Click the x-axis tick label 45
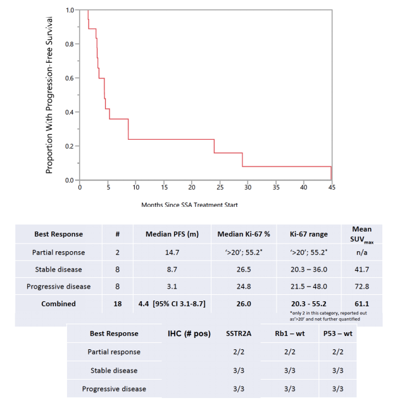tap(331, 187)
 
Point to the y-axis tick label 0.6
tap(70, 78)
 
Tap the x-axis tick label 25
tap(220, 187)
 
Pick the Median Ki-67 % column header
tap(244, 234)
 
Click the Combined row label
tap(62, 304)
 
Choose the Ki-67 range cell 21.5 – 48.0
tap(308, 286)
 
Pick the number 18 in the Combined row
tap(118, 304)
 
